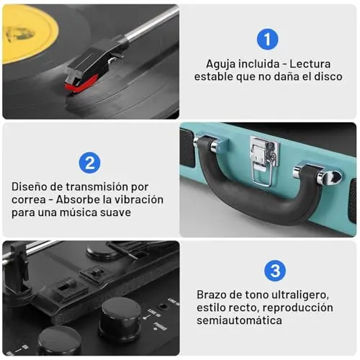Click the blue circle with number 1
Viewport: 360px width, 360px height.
(267, 39)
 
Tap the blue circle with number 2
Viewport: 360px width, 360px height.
(89, 163)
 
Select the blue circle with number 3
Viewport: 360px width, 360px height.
(275, 271)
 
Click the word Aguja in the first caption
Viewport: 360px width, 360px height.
(222, 64)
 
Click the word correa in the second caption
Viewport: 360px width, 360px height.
(29, 200)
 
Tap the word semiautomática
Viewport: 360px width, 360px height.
(239, 320)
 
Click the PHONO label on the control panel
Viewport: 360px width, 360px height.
(161, 327)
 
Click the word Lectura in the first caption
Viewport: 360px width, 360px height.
(310, 64)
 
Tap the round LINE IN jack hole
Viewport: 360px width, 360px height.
(163, 307)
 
